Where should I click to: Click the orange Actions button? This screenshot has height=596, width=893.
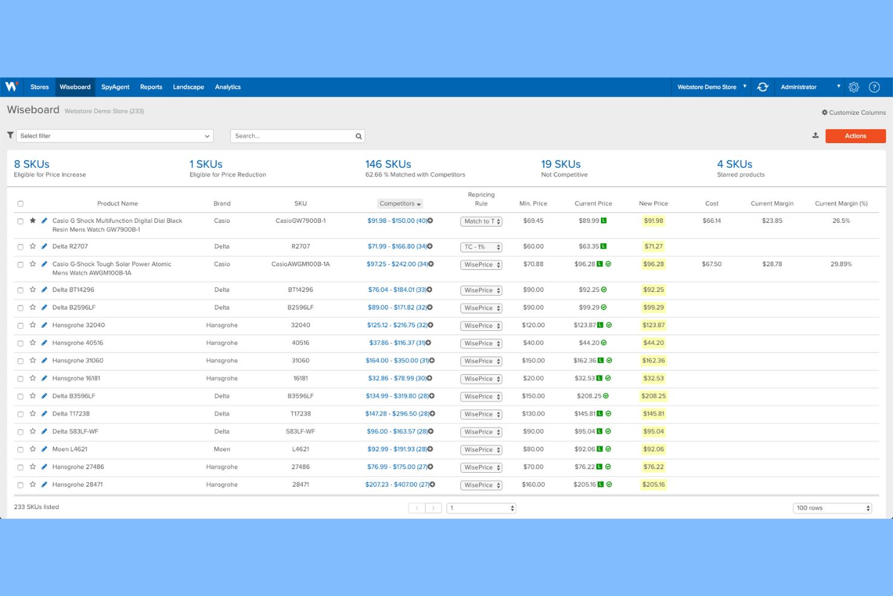855,136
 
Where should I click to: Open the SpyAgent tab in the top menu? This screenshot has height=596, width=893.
115,87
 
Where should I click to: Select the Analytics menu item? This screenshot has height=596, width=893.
227,87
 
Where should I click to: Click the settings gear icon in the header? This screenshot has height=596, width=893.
854,87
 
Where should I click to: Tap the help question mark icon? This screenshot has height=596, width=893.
874,87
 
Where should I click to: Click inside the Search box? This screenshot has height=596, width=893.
293,136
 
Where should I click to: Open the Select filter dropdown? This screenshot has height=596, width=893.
115,136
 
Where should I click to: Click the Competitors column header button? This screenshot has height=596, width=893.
400,203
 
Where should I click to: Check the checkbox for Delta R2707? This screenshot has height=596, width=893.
21,247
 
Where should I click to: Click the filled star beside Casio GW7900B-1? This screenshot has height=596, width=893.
33,221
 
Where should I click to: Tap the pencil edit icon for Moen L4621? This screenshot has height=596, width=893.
44,449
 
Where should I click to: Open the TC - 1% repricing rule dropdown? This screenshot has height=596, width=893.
481,247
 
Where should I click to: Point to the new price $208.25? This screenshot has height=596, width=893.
653,396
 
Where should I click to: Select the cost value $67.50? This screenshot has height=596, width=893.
711,264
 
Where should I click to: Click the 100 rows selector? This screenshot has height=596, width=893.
833,508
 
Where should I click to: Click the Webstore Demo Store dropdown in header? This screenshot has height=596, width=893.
711,87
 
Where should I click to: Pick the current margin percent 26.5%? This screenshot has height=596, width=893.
841,221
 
